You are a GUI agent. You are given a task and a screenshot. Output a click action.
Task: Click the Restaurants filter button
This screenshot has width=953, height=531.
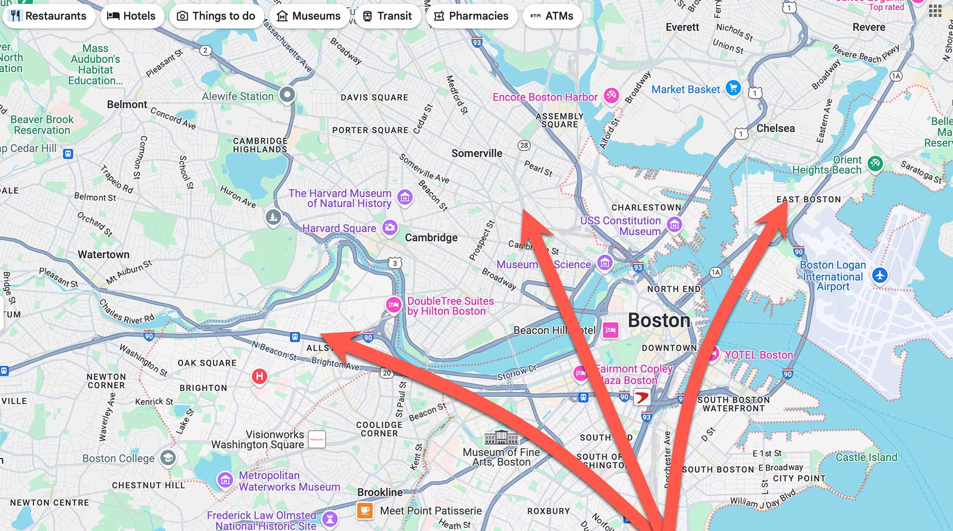tap(49, 16)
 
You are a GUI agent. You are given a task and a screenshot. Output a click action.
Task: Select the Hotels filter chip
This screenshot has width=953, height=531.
tap(131, 16)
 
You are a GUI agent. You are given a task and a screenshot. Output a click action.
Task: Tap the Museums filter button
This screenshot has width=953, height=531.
tap(308, 16)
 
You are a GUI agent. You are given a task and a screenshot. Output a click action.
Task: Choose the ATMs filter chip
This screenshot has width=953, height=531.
tap(552, 16)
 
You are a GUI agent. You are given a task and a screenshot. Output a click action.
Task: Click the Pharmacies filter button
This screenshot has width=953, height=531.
tap(471, 16)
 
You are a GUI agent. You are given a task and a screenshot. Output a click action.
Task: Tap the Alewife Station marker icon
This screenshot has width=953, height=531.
tap(287, 94)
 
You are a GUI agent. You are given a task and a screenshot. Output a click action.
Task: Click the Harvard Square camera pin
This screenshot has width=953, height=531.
tap(390, 227)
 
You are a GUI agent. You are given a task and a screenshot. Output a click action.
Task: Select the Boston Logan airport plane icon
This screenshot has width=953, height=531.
tap(880, 275)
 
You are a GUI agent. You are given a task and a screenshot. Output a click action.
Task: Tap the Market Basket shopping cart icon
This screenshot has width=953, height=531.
tap(733, 88)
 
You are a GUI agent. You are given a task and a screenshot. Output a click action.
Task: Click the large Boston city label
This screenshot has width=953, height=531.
tap(659, 320)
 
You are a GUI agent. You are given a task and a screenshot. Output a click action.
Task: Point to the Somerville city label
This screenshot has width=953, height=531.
tap(476, 153)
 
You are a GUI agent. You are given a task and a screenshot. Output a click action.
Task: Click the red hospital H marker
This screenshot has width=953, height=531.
tap(259, 376)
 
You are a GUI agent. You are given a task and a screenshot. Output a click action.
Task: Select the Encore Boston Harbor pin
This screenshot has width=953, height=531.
tap(611, 95)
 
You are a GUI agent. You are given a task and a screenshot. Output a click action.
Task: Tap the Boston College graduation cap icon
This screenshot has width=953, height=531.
tap(168, 457)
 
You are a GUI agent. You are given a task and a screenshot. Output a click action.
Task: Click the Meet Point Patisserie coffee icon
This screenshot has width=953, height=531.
tap(365, 510)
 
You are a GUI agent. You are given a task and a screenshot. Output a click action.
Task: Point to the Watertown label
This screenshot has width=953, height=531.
tap(103, 254)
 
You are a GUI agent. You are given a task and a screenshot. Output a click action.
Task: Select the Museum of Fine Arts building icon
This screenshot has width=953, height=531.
tap(501, 438)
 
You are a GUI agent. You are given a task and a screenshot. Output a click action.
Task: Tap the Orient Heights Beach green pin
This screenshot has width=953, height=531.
tap(875, 163)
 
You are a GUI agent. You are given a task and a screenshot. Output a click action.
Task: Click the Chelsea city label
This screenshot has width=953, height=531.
tap(775, 128)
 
